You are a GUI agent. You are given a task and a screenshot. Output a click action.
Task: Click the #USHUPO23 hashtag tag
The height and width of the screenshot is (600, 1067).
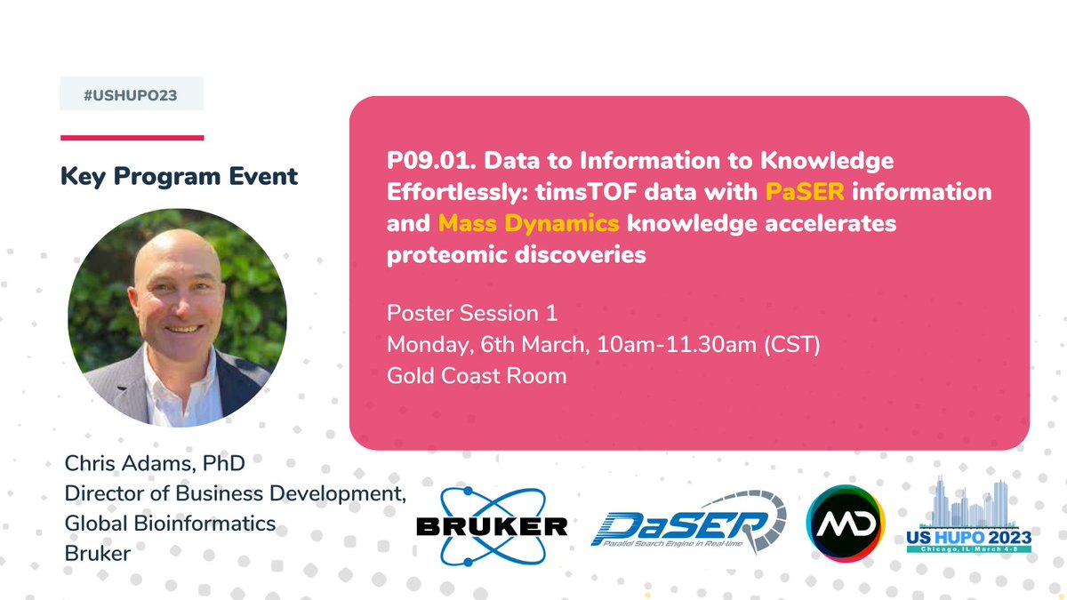132,94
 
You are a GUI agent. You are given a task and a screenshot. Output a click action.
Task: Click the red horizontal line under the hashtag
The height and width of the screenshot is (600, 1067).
132,138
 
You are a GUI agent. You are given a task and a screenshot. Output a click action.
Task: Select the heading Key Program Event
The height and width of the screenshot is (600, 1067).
179,176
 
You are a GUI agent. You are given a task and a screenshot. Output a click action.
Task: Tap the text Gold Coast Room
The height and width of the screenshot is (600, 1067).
477,375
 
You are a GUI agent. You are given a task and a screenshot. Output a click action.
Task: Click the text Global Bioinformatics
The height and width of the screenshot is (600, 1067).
170,524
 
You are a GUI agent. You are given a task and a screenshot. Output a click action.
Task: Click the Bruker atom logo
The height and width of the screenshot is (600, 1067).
491,525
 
